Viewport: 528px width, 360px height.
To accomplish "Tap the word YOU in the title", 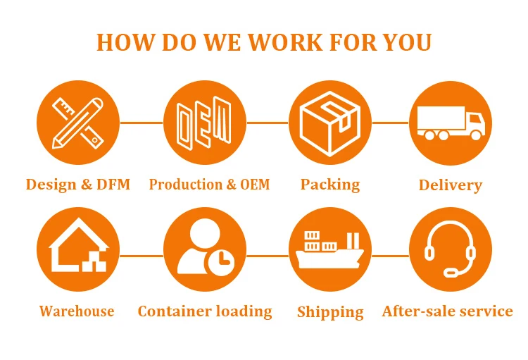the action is [x=405, y=42].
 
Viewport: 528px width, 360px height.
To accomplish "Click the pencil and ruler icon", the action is [x=78, y=123].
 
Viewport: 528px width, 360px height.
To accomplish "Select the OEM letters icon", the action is [x=203, y=123].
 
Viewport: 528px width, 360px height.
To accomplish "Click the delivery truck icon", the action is [x=451, y=123].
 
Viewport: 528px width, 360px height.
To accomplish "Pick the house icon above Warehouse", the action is [x=78, y=246].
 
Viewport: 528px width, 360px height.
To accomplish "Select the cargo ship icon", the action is [x=329, y=250].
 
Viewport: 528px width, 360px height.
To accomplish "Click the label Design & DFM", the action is [x=78, y=185].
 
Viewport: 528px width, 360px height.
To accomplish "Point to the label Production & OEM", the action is [x=209, y=185].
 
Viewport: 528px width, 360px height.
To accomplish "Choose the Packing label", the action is [x=330, y=185].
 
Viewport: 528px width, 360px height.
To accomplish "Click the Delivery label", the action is [x=451, y=186].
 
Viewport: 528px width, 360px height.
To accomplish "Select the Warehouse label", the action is [x=77, y=311].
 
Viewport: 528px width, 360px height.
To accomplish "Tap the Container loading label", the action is [x=205, y=311].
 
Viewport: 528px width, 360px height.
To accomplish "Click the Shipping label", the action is [x=330, y=312].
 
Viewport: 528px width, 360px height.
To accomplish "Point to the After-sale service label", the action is [x=448, y=311].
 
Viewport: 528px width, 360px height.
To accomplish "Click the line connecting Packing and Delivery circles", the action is [x=390, y=123].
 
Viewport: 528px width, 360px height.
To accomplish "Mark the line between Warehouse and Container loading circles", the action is [x=141, y=256].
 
